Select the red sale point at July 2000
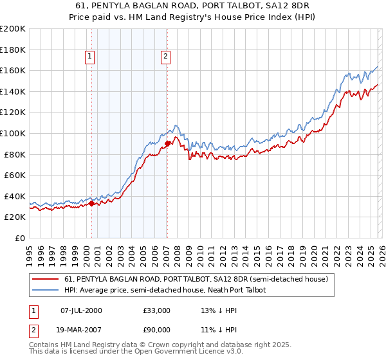pyautogui.click(x=91, y=204)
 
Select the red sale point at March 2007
pyautogui.click(x=167, y=143)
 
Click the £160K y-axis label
pyautogui.click(x=13, y=70)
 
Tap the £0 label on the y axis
pyautogui.click(x=19, y=238)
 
